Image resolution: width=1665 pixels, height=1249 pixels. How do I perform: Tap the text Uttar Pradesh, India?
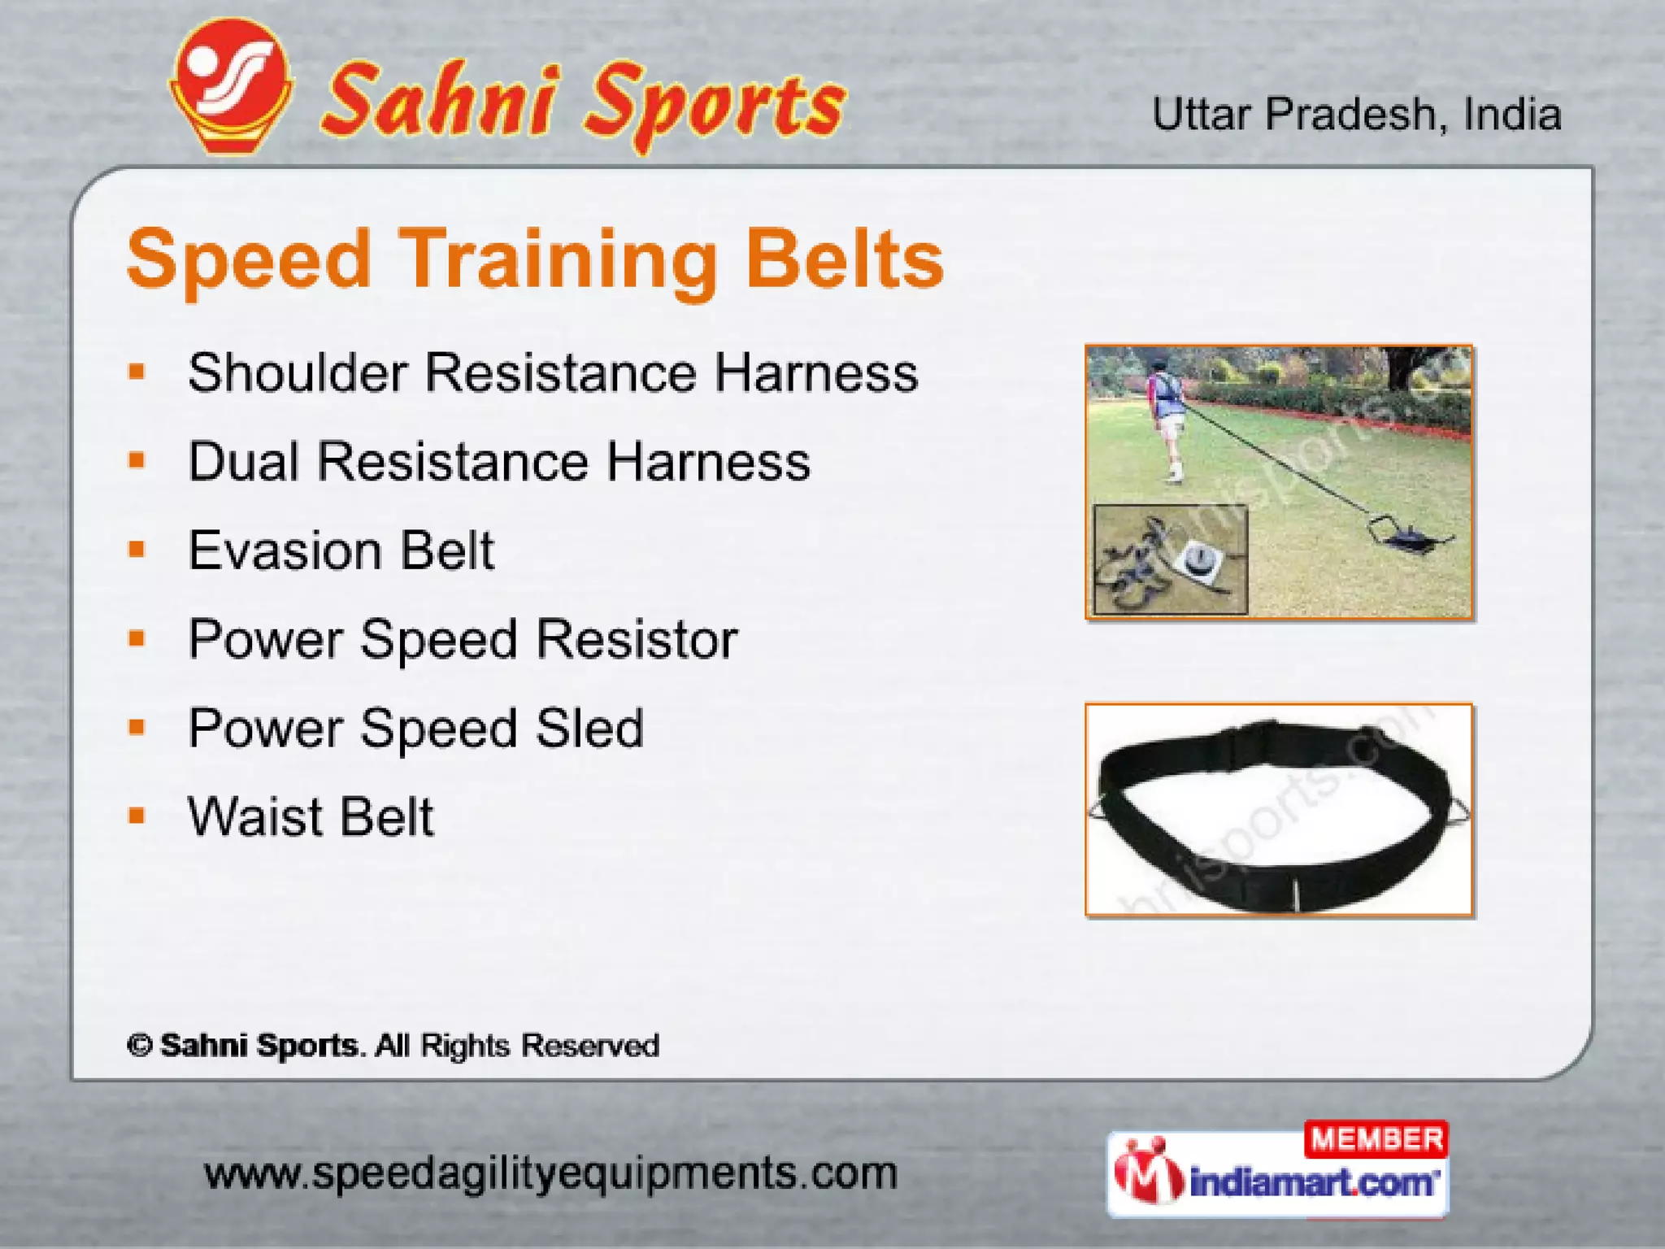point(1356,115)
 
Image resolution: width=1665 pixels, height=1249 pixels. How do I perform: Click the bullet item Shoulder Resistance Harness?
point(553,373)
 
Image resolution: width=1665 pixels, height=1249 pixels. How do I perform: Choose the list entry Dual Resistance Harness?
point(499,462)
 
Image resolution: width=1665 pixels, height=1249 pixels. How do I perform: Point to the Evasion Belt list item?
point(341,551)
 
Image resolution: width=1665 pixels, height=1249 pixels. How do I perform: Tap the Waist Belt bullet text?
point(311,816)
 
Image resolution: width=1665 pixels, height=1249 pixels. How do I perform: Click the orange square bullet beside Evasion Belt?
point(137,551)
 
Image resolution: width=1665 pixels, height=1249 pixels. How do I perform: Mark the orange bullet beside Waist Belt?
point(137,816)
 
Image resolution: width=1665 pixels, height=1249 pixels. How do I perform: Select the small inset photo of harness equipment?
point(1170,559)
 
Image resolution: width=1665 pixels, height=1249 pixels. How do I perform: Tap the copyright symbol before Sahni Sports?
point(140,1046)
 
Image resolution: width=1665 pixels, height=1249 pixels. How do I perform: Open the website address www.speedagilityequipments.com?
point(550,1173)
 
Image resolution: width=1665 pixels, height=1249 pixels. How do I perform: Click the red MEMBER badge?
point(1376,1139)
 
